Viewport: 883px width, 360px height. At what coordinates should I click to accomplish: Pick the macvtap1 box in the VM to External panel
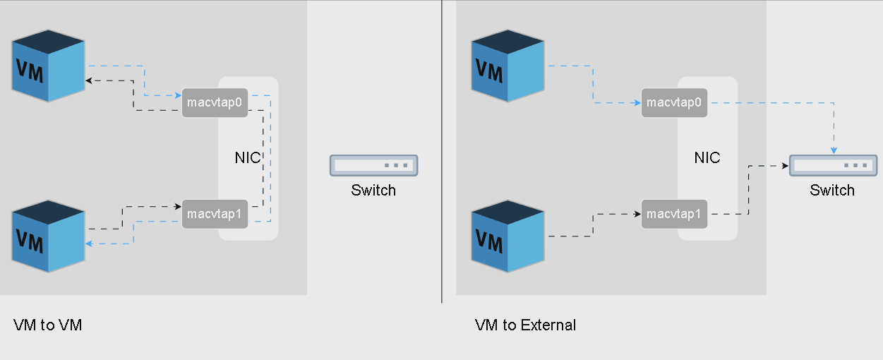tap(674, 214)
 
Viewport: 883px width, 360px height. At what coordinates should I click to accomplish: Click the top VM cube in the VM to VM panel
tap(49, 66)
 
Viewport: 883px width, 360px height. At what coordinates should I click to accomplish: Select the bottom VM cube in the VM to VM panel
tap(49, 236)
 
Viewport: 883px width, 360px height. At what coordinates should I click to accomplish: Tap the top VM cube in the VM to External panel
tap(508, 66)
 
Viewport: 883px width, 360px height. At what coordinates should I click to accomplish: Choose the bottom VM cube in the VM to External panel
tap(508, 236)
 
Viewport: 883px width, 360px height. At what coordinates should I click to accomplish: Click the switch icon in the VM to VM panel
tap(373, 165)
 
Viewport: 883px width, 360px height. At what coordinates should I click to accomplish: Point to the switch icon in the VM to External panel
tap(833, 165)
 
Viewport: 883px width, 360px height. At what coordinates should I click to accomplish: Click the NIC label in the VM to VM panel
tap(248, 157)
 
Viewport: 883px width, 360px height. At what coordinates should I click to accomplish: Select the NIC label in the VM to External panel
tap(707, 157)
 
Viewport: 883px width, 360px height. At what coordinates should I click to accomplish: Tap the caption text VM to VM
tap(47, 325)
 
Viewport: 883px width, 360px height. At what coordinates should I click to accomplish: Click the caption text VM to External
tap(525, 325)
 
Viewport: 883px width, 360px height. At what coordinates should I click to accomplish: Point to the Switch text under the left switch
tap(373, 190)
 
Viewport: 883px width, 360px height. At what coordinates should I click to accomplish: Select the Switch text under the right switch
tap(832, 190)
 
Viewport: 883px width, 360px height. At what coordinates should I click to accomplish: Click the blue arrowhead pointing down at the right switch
tap(834, 150)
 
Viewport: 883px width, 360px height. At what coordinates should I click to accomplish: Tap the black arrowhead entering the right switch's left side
tap(783, 166)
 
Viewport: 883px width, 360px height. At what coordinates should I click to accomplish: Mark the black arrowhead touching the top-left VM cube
tap(88, 80)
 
